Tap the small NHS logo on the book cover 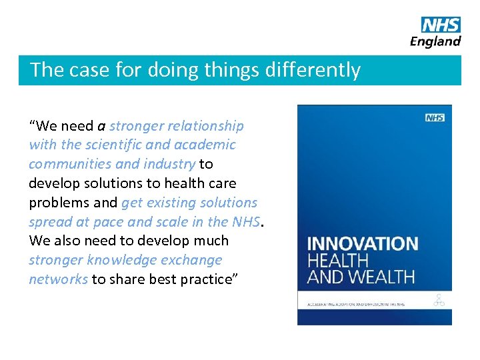(x=435, y=118)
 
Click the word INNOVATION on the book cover (x=362, y=243)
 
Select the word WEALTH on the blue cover (x=383, y=276)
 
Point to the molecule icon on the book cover (x=439, y=301)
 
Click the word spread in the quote (x=49, y=222)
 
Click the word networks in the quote (x=58, y=279)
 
